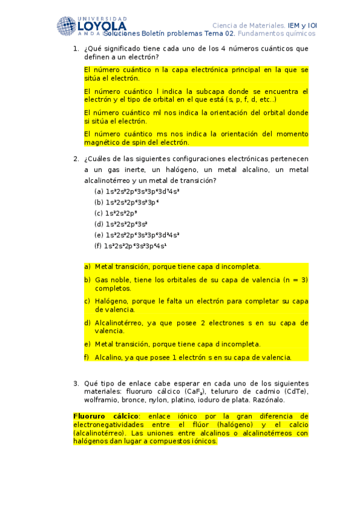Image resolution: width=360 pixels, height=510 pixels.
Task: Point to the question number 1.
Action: (75, 48)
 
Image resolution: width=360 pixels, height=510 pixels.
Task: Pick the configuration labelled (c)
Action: (120, 213)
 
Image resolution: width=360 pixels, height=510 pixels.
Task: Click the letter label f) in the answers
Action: (87, 357)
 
